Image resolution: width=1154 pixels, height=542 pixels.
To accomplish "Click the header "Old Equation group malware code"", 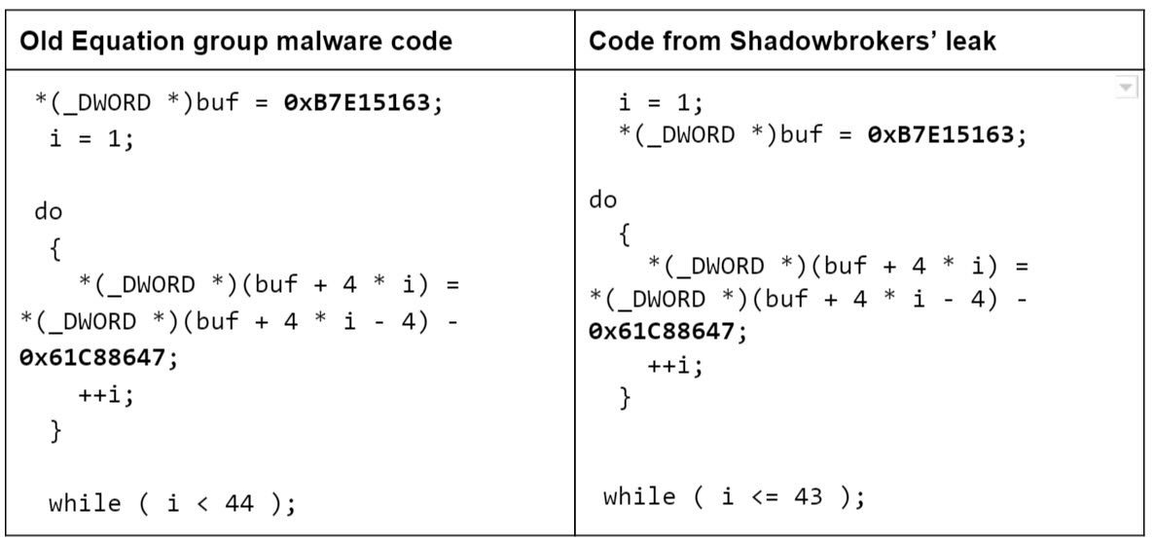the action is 235,41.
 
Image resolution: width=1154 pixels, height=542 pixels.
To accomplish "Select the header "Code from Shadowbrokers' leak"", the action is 793,41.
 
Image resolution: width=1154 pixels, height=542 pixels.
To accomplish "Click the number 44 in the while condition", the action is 239,504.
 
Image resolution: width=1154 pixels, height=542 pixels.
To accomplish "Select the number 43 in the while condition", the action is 809,497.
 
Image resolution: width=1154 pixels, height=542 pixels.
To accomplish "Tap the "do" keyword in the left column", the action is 49,212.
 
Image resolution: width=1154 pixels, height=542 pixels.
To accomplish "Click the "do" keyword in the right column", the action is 603,200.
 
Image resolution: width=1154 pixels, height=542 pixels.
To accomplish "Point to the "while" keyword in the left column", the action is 85,504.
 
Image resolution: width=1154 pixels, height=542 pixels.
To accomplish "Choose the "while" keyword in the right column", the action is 639,497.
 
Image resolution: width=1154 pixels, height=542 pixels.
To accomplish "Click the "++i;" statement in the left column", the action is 107,396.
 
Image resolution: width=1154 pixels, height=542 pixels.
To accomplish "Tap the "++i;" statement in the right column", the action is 675,365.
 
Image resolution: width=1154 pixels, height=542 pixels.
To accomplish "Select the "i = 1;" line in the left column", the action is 92,139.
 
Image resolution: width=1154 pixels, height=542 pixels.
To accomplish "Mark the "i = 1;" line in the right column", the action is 661,102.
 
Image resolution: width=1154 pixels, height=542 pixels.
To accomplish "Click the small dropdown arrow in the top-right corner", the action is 1125,87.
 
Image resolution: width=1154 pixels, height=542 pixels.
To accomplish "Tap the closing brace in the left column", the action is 55,431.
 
